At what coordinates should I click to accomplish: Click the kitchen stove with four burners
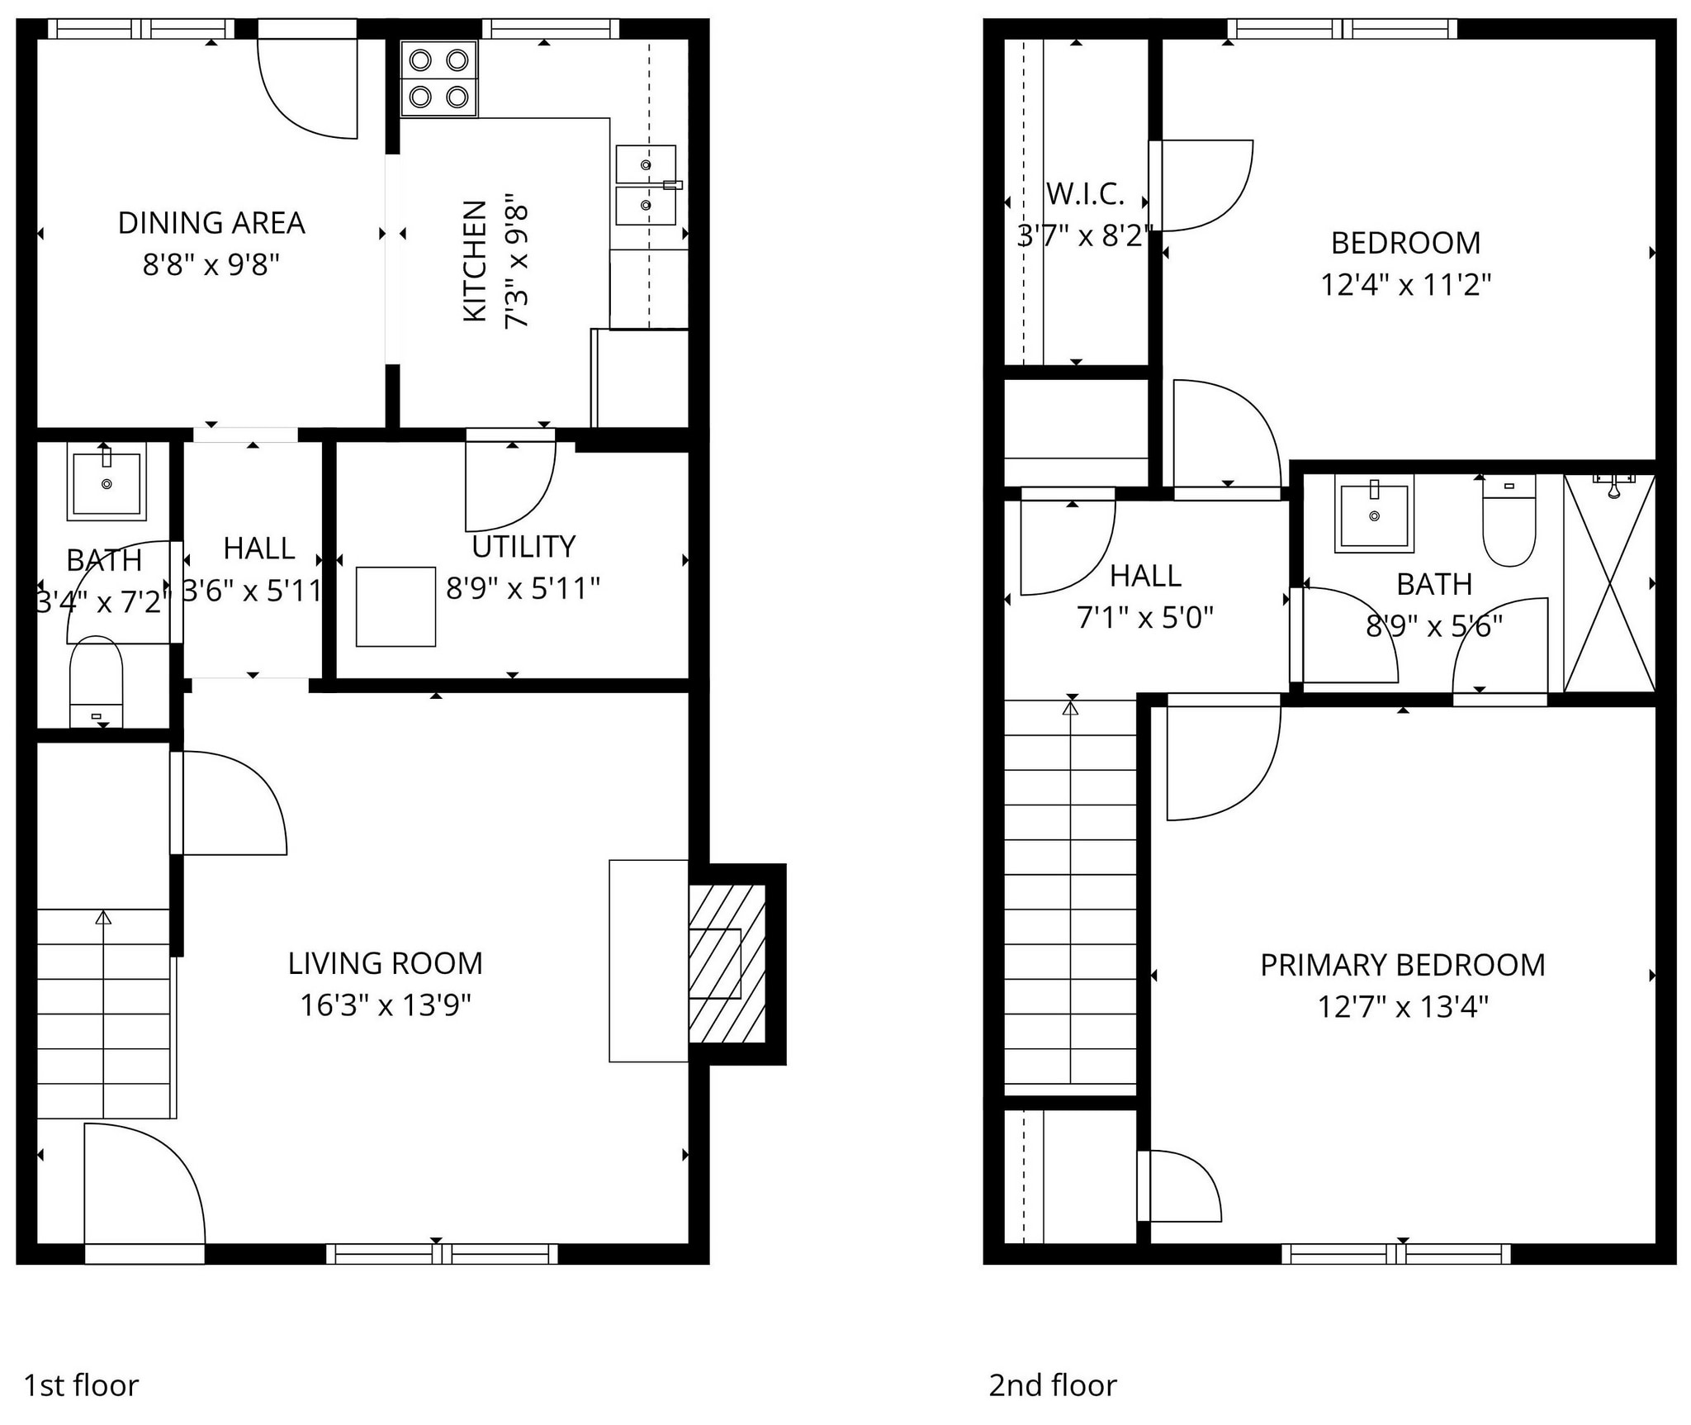(x=438, y=79)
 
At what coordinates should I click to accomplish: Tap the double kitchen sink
(x=646, y=185)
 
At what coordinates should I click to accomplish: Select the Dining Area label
(x=211, y=223)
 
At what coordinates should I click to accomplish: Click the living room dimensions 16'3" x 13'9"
(x=386, y=1005)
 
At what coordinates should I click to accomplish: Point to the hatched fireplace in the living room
(x=727, y=963)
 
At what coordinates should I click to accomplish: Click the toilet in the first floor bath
(x=96, y=682)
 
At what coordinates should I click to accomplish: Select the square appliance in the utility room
(x=396, y=606)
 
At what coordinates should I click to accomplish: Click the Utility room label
(x=523, y=547)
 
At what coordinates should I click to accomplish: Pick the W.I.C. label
(x=1085, y=194)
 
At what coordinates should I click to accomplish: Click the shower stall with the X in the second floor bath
(x=1609, y=583)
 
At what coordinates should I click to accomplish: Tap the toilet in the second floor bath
(x=1509, y=522)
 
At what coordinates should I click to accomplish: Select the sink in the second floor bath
(x=1374, y=515)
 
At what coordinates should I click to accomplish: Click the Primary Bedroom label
(x=1402, y=965)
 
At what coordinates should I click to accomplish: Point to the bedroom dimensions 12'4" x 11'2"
(x=1405, y=286)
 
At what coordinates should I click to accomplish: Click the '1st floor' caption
(x=81, y=1385)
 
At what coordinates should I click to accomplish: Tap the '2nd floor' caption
(x=1053, y=1385)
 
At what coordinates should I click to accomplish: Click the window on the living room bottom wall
(x=442, y=1254)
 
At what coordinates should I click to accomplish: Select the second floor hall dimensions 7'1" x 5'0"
(x=1144, y=617)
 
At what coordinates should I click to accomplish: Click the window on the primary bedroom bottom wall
(x=1395, y=1254)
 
